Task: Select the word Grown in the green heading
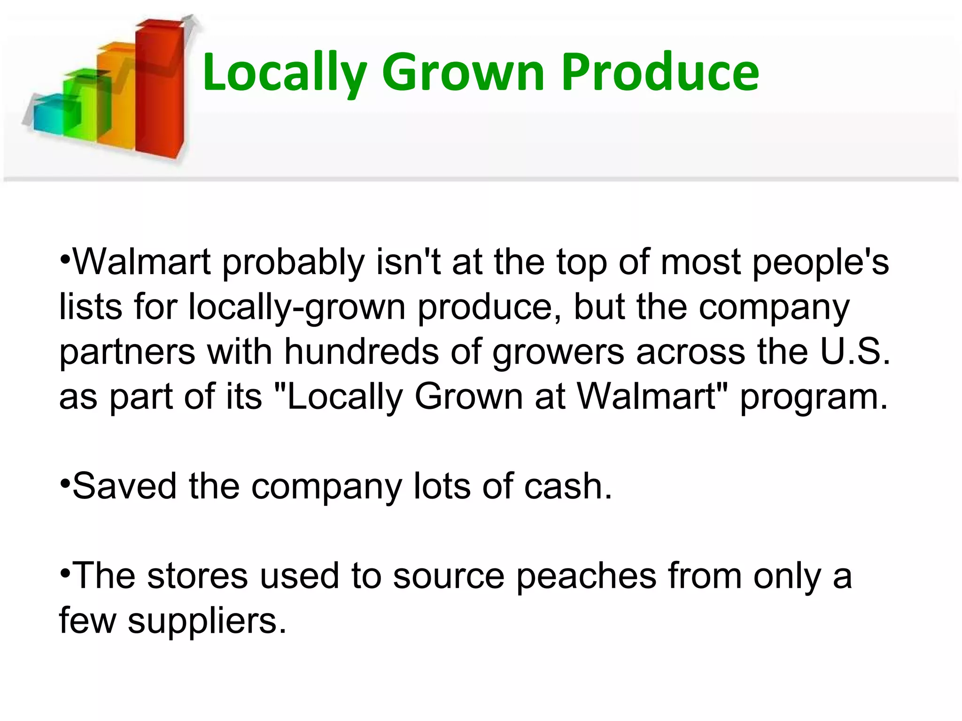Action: click(x=463, y=72)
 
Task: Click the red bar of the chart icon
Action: click(x=158, y=89)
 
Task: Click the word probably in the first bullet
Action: click(x=293, y=263)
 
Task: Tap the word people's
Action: click(x=820, y=263)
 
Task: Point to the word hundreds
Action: click(x=361, y=352)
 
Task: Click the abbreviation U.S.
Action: click(x=855, y=352)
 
